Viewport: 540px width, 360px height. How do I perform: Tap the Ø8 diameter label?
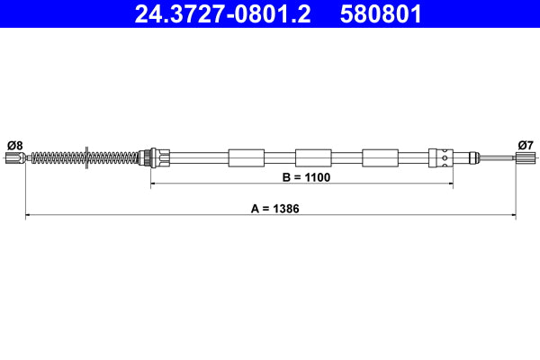[x=14, y=144]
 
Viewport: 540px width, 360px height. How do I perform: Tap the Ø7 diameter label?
[x=526, y=144]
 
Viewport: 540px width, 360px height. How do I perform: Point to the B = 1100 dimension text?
[x=307, y=177]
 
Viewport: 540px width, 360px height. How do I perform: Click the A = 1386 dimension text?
[x=274, y=208]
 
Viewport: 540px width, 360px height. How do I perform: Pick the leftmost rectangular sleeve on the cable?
[x=247, y=158]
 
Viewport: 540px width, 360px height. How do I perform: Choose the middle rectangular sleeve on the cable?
[x=313, y=158]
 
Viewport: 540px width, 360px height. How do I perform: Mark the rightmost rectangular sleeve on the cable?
[x=380, y=158]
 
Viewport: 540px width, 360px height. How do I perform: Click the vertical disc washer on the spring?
[x=86, y=158]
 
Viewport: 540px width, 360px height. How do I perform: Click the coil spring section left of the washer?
[x=58, y=158]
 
